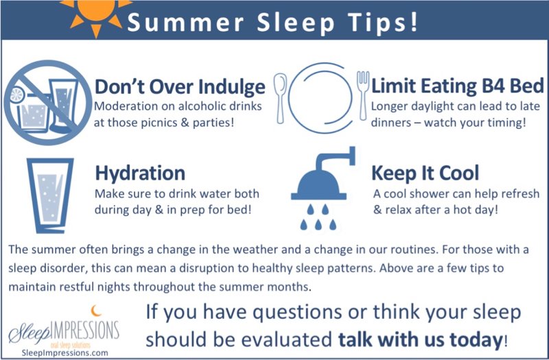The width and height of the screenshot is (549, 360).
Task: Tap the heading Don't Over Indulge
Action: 179,87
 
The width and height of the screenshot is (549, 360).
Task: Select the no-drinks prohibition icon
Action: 45,100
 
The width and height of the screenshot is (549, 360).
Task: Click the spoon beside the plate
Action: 280,96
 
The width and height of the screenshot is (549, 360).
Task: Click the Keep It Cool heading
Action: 425,171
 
